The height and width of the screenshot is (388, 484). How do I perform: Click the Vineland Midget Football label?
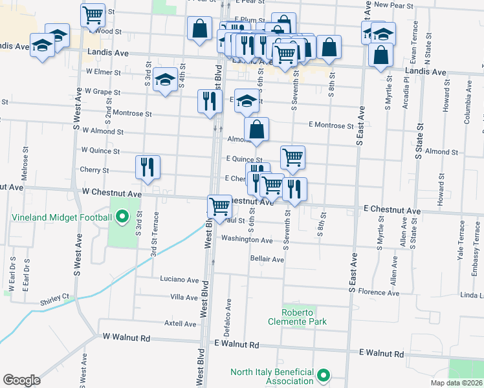(x=56, y=217)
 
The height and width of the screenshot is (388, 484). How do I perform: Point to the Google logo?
(x=21, y=380)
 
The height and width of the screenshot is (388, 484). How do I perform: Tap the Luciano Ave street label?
(x=179, y=280)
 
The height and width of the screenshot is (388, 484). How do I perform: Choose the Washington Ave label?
(x=247, y=239)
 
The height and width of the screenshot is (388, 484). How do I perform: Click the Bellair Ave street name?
(x=267, y=259)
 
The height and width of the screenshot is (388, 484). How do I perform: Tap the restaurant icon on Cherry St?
(x=148, y=167)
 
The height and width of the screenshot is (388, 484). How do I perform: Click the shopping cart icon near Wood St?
(x=93, y=14)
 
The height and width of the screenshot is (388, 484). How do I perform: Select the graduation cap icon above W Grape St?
(x=166, y=79)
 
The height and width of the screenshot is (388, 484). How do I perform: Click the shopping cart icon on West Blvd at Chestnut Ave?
(x=220, y=207)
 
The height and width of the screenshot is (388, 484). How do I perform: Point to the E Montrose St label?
(x=331, y=125)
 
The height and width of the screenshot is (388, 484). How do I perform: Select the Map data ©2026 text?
(x=456, y=383)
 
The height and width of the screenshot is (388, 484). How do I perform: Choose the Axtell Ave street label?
(x=180, y=323)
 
